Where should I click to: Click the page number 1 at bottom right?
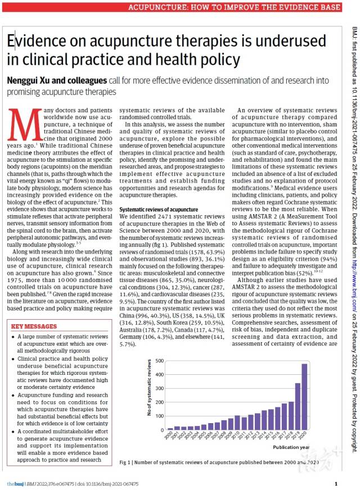click(336, 483)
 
